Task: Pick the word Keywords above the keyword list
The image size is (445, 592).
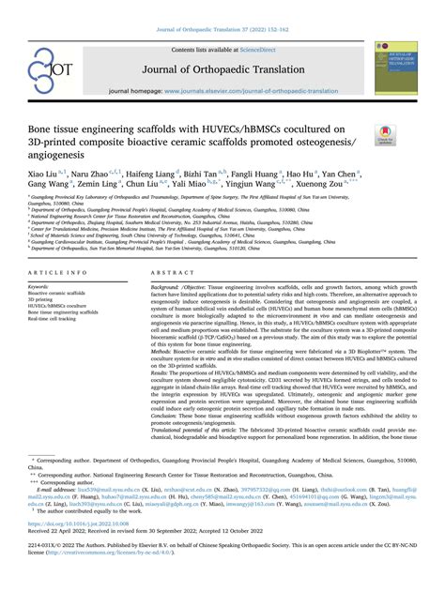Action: click(x=38, y=285)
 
